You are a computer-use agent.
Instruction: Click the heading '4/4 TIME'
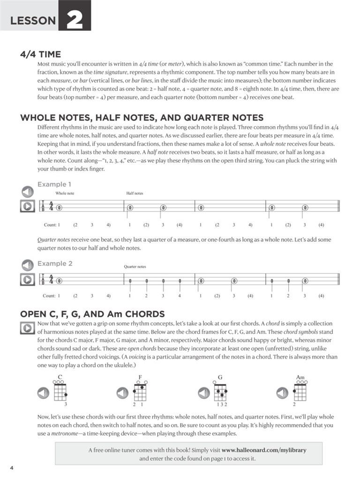[40, 54]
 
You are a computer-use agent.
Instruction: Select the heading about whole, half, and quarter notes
[142, 118]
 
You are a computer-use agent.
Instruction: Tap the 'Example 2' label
[55, 263]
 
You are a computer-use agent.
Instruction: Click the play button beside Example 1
[27, 206]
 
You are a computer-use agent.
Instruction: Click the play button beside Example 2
[27, 279]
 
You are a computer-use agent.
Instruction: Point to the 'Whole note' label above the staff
[65, 193]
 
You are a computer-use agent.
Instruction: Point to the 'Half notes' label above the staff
[135, 193]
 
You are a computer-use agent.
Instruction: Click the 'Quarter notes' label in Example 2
[135, 267]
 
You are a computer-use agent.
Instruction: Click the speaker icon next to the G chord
[204, 393]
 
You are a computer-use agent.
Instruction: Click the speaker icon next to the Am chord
[282, 393]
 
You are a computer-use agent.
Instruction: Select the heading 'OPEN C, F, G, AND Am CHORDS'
[92, 314]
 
